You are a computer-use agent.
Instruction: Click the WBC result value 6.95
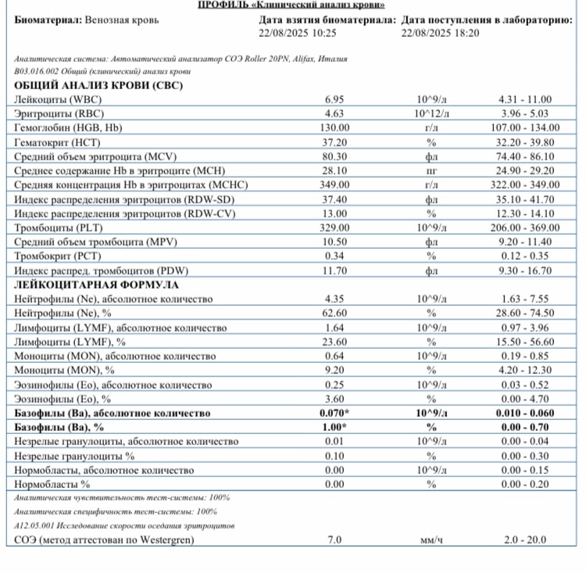[334, 100]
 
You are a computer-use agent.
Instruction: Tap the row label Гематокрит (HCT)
[53, 142]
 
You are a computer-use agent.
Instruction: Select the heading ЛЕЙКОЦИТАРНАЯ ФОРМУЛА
[97, 285]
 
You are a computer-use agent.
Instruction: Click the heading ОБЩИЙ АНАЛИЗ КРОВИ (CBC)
[98, 85]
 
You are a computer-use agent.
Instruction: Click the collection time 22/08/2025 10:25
[297, 34]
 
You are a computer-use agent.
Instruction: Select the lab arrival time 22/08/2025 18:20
[440, 34]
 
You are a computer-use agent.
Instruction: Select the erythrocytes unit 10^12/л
[429, 114]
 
